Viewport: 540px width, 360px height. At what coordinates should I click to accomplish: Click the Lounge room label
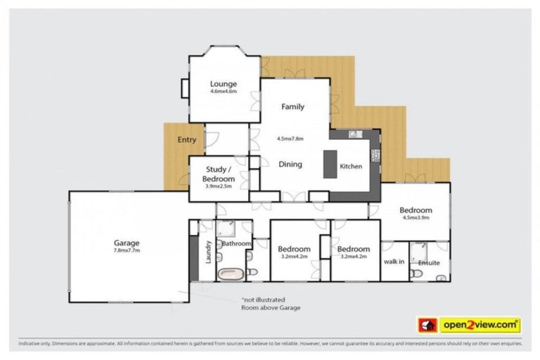[224, 84]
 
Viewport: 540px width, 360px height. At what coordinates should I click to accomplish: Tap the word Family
[292, 107]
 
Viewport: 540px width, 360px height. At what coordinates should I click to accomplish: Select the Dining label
[290, 165]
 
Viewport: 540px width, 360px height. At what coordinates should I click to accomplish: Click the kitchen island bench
[330, 165]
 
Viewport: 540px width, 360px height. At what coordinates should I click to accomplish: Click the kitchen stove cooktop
[375, 155]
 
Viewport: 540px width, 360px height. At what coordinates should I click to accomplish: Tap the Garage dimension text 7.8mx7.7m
[127, 250]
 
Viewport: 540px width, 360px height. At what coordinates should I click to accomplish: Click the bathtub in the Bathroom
[229, 273]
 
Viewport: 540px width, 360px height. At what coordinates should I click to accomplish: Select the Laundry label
[208, 252]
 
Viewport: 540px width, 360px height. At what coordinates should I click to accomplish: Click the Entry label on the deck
[186, 140]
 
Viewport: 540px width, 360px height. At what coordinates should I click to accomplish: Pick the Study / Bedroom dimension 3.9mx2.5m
[219, 186]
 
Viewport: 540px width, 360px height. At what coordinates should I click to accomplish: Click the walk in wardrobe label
[393, 262]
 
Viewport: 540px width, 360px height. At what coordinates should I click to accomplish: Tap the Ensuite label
[428, 263]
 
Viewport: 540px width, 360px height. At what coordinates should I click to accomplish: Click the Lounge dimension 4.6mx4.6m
[224, 91]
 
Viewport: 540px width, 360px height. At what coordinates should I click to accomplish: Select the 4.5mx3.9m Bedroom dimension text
[415, 218]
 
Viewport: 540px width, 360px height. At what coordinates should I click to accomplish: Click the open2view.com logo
[469, 325]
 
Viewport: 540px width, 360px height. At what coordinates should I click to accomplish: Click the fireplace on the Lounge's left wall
[184, 88]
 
